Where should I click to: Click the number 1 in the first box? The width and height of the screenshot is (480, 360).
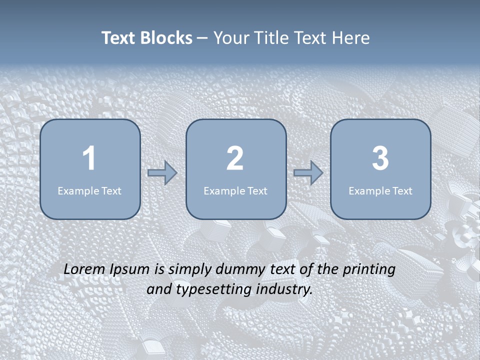point(89,159)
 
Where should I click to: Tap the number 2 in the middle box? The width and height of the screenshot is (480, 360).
point(235,159)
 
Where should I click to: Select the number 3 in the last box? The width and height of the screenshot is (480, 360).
point(380,159)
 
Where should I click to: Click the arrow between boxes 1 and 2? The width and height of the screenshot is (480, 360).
point(162,173)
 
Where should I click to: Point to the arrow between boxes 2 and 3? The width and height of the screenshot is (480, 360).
point(308,173)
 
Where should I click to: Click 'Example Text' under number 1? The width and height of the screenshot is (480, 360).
point(89,191)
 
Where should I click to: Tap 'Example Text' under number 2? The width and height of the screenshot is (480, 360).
point(235,191)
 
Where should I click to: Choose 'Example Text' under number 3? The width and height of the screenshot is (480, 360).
point(380,191)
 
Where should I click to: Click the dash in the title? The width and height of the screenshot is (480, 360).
point(203,38)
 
